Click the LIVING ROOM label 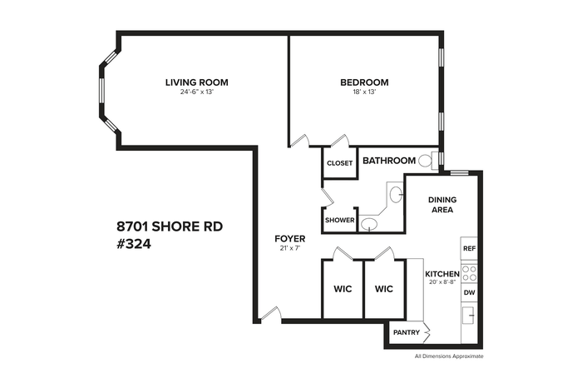pyautogui.click(x=197, y=82)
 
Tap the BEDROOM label pyautogui.click(x=364, y=82)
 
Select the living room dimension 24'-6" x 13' pyautogui.click(x=197, y=92)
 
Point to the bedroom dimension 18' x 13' pyautogui.click(x=364, y=92)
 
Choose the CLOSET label pyautogui.click(x=339, y=163)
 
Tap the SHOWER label pyautogui.click(x=339, y=220)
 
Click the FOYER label pyautogui.click(x=290, y=239)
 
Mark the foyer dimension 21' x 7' pyautogui.click(x=290, y=248)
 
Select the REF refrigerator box pyautogui.click(x=469, y=248)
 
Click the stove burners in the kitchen pyautogui.click(x=469, y=273)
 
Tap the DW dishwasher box pyautogui.click(x=469, y=292)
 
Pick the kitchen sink pyautogui.click(x=469, y=316)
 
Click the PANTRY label pyautogui.click(x=407, y=332)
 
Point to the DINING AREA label pyautogui.click(x=442, y=205)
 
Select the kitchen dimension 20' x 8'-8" pyautogui.click(x=442, y=281)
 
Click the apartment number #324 pyautogui.click(x=134, y=244)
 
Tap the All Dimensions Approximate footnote pyautogui.click(x=449, y=356)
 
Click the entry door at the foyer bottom pyautogui.click(x=270, y=313)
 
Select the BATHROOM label pyautogui.click(x=389, y=161)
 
